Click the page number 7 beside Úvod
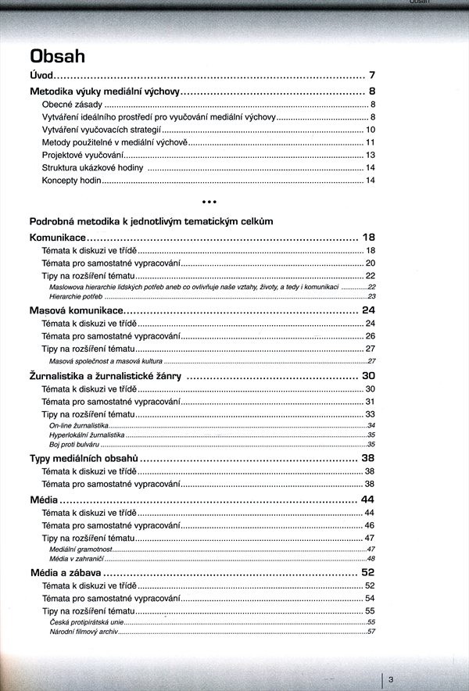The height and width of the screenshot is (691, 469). (x=373, y=76)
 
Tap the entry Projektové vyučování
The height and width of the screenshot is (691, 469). (x=83, y=156)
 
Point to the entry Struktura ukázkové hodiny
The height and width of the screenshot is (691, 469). (x=92, y=168)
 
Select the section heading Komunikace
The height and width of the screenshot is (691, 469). (x=57, y=237)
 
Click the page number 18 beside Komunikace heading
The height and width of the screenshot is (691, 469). (x=369, y=237)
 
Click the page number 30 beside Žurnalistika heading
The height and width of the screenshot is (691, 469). (x=369, y=376)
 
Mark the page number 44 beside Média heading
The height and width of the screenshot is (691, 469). (x=369, y=499)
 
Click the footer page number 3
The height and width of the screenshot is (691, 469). (x=390, y=679)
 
